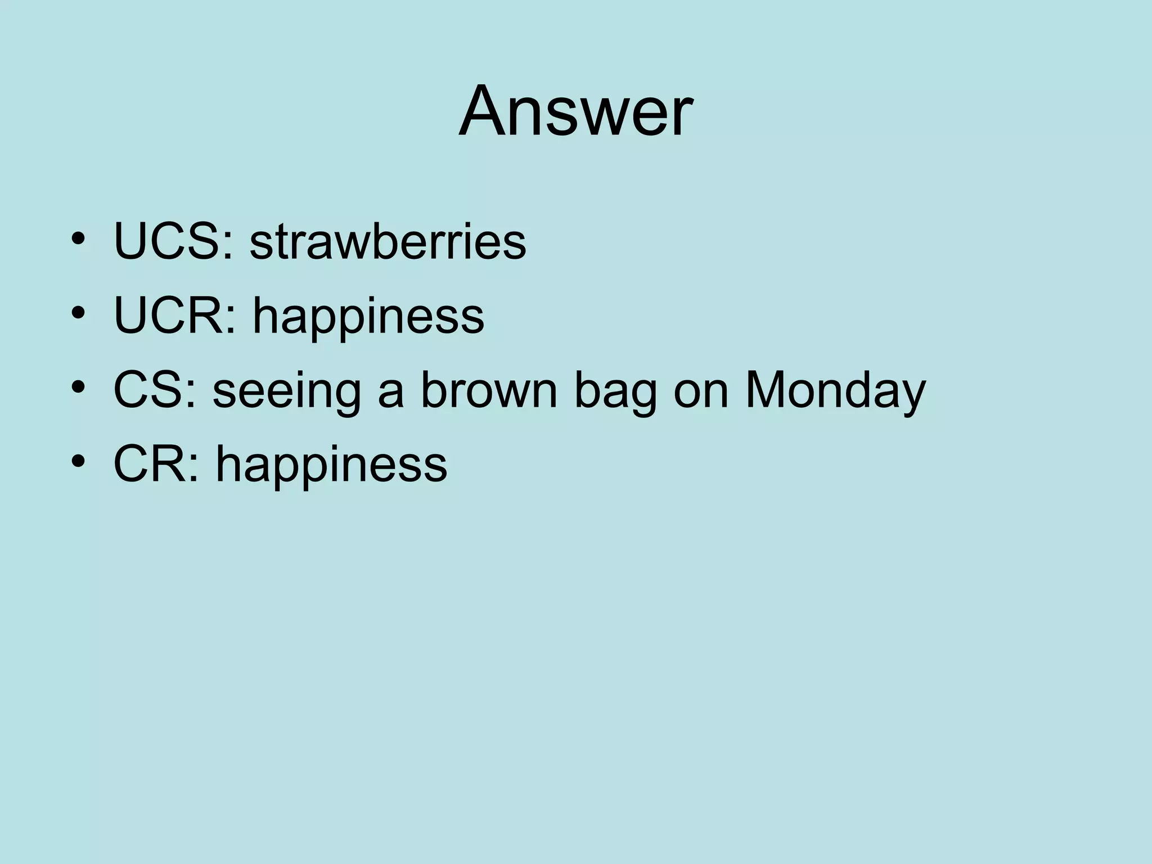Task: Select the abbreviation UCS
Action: click(x=166, y=242)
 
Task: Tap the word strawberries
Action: click(x=388, y=242)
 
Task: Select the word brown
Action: click(x=488, y=390)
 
